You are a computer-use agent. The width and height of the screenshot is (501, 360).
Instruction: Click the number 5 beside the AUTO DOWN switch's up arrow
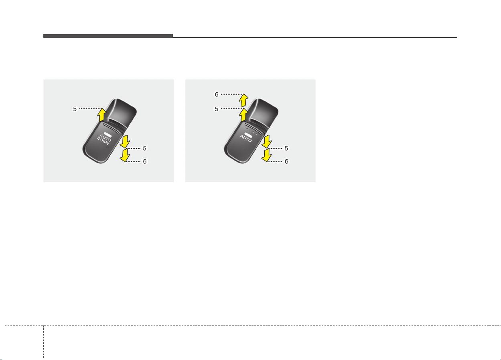click(75, 109)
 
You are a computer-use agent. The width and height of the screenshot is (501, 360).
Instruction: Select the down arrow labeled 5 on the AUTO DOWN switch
click(125, 141)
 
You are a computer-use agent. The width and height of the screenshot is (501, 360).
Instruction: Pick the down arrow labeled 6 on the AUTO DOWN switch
click(125, 155)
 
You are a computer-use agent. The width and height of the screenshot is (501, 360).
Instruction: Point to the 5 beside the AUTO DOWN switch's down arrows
click(144, 148)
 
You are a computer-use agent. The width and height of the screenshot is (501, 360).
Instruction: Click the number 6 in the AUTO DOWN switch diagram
click(145, 161)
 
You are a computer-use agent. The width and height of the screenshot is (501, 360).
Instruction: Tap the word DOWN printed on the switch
click(103, 141)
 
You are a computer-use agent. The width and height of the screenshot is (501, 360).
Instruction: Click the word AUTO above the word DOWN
click(105, 138)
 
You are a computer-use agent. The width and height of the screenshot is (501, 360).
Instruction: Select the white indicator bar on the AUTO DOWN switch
click(108, 134)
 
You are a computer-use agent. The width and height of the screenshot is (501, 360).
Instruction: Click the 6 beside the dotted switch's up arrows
click(217, 94)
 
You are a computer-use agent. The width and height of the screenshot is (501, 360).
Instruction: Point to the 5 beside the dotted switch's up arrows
click(216, 109)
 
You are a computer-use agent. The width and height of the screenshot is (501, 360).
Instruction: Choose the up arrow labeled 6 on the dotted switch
click(243, 100)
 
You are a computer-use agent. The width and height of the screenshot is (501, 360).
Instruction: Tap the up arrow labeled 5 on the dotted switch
click(243, 115)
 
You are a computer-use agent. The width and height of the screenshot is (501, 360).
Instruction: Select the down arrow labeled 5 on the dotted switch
click(267, 141)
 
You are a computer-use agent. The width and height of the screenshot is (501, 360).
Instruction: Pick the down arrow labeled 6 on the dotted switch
click(267, 155)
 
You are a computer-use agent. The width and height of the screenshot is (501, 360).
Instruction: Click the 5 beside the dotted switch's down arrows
click(286, 148)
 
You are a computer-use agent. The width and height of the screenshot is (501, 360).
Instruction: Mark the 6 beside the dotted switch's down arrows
click(286, 161)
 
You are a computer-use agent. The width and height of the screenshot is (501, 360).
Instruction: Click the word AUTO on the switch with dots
click(246, 138)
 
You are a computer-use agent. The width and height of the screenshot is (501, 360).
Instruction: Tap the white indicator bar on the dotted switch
click(248, 134)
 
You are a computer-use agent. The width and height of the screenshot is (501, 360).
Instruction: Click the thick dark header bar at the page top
click(108, 36)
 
